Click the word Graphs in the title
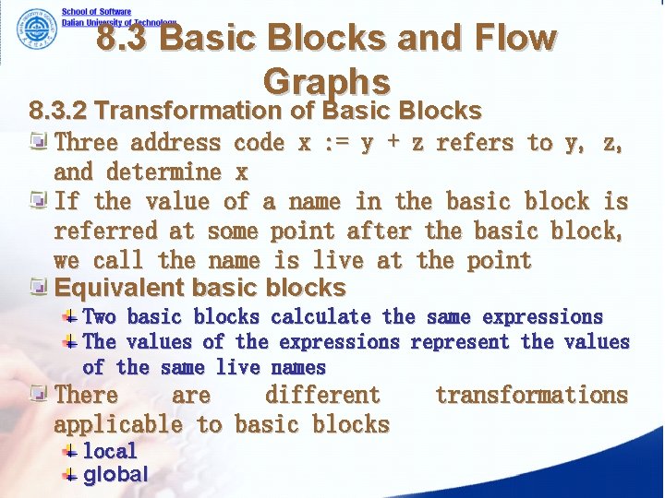[326, 82]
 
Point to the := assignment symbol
[338, 143]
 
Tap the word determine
[163, 172]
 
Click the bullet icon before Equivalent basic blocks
[40, 287]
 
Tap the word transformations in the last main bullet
[531, 396]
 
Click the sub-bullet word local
[110, 451]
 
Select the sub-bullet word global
[115, 475]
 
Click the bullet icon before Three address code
[40, 143]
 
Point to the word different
[322, 396]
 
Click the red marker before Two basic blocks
[70, 317]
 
